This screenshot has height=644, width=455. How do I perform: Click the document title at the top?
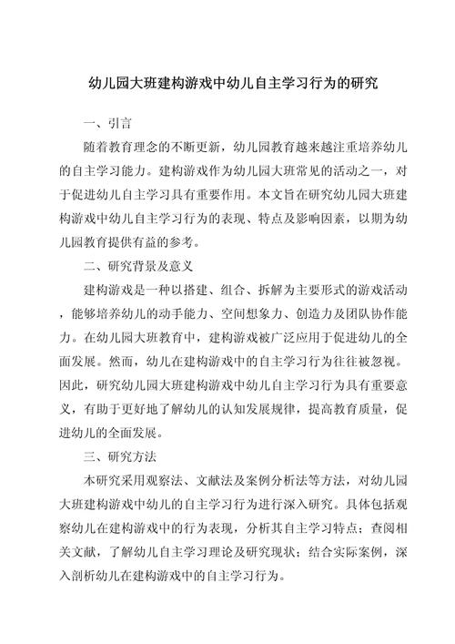tap(227, 82)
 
